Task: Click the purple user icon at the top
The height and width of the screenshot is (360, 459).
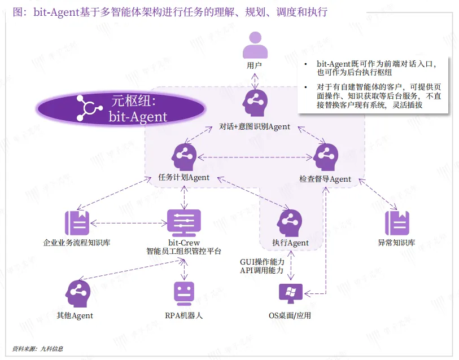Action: [x=255, y=45]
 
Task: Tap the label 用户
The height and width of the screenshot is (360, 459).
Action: [x=255, y=65]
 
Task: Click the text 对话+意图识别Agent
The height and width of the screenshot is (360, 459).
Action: [x=255, y=126]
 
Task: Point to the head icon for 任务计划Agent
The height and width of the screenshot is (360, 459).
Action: [x=184, y=156]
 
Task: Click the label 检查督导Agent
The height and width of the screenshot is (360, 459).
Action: [x=325, y=179]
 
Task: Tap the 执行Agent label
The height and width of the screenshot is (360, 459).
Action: [x=290, y=243]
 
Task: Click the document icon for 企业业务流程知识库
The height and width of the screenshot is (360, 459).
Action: [x=77, y=223]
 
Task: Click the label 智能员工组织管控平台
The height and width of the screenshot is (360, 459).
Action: [x=184, y=252]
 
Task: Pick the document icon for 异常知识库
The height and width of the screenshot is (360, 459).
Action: [x=397, y=223]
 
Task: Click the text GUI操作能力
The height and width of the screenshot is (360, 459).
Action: [x=262, y=262]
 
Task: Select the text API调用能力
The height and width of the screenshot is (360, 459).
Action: [x=262, y=271]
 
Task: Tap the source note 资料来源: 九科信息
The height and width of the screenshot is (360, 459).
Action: [x=38, y=349]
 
